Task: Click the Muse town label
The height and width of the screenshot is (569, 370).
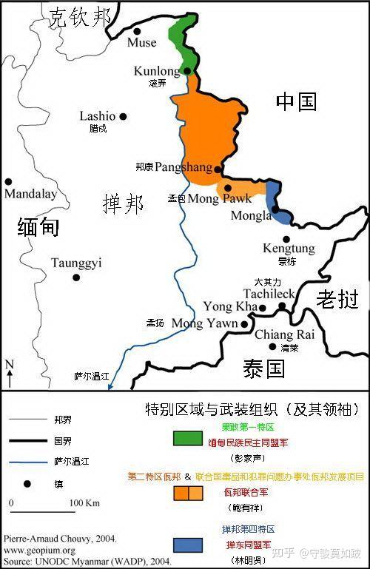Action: tap(142, 43)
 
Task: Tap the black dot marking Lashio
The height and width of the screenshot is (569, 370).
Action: tap(123, 116)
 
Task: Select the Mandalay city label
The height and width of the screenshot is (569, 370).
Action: tap(30, 194)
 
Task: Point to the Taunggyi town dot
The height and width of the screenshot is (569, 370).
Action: tap(76, 277)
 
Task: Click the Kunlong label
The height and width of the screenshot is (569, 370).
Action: tap(157, 71)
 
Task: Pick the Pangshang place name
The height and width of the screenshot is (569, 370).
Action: tap(183, 168)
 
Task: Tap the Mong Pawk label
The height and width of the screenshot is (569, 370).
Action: tap(220, 199)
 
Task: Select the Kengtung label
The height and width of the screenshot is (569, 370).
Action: tap(289, 248)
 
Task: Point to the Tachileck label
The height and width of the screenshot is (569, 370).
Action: tap(285, 294)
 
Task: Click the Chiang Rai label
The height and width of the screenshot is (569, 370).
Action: tap(284, 334)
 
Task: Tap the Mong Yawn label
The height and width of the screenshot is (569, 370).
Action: tap(204, 323)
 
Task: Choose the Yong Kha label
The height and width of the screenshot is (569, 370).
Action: tap(229, 306)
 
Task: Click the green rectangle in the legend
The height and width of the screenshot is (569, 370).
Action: tap(187, 438)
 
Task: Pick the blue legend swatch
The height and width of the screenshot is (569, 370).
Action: tap(187, 545)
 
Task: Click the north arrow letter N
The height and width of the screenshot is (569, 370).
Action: tap(10, 364)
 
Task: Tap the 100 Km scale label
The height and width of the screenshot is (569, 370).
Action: tap(84, 504)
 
